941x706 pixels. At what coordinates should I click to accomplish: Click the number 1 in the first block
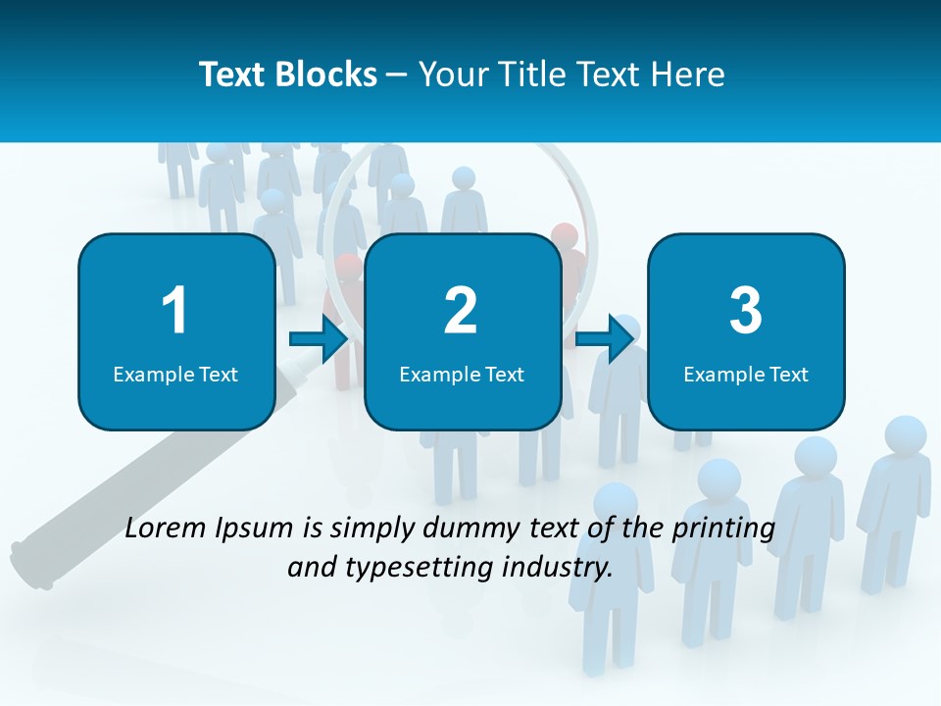tap(174, 311)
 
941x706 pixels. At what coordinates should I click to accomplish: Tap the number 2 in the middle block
tap(461, 311)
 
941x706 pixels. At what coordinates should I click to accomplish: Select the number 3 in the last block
tap(745, 311)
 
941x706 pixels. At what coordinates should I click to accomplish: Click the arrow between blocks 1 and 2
tap(319, 340)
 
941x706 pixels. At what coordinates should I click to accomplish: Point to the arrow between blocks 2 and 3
tap(605, 340)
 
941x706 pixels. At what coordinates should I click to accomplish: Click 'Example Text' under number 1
tap(175, 374)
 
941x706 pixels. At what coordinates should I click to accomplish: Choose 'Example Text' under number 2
tap(462, 374)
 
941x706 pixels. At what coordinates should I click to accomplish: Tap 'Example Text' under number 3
tap(746, 374)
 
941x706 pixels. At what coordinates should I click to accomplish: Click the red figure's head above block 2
tap(565, 235)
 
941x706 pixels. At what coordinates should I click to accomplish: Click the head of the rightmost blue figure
tap(906, 434)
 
